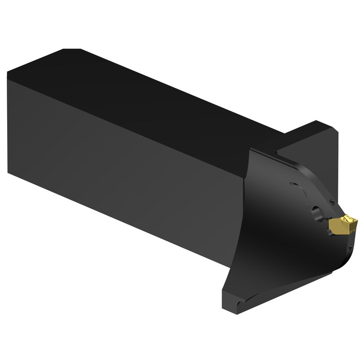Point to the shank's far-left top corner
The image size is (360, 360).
point(8,73)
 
